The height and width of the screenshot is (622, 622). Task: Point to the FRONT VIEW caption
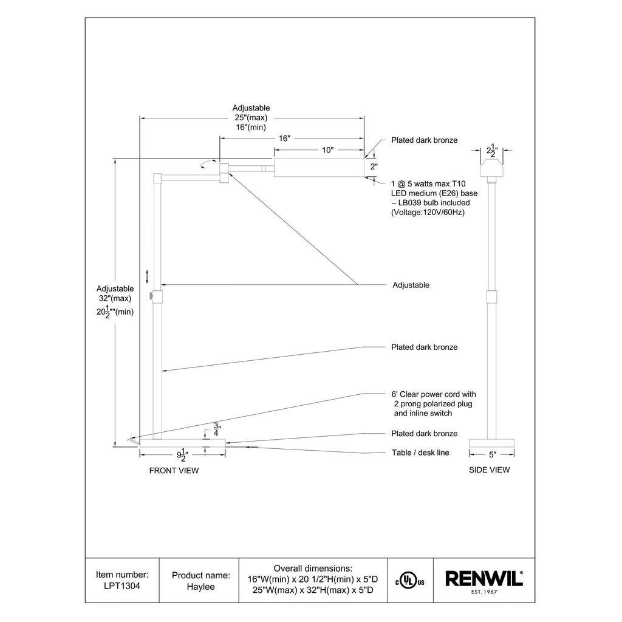coord(174,470)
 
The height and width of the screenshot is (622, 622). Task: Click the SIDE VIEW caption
coord(490,470)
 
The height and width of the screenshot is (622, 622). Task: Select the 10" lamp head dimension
coord(327,150)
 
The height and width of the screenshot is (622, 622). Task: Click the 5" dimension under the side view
coord(493,454)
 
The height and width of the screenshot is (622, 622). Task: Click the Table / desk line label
coord(421,453)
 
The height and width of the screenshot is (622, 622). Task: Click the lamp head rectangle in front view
coord(319,168)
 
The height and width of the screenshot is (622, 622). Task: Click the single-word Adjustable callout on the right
coord(411,285)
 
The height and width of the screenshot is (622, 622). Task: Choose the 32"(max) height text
coord(115,299)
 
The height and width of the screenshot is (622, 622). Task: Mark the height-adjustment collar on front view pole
coord(157,298)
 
